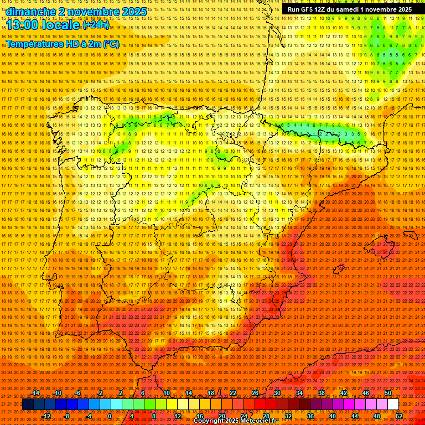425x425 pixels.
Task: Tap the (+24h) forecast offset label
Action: coord(96,25)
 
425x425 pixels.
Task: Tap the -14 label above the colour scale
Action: coord(35,393)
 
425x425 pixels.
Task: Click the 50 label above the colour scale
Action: coord(388,393)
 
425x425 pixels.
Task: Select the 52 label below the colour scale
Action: coord(398,416)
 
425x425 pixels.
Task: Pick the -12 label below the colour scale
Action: coord(46,416)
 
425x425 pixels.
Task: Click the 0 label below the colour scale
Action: coord(110,416)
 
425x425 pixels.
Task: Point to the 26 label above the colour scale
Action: coord(255,393)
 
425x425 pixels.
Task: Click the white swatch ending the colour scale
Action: coord(393,405)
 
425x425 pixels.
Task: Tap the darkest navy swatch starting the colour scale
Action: coord(27,405)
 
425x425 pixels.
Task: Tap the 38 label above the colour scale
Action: coord(321,393)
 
